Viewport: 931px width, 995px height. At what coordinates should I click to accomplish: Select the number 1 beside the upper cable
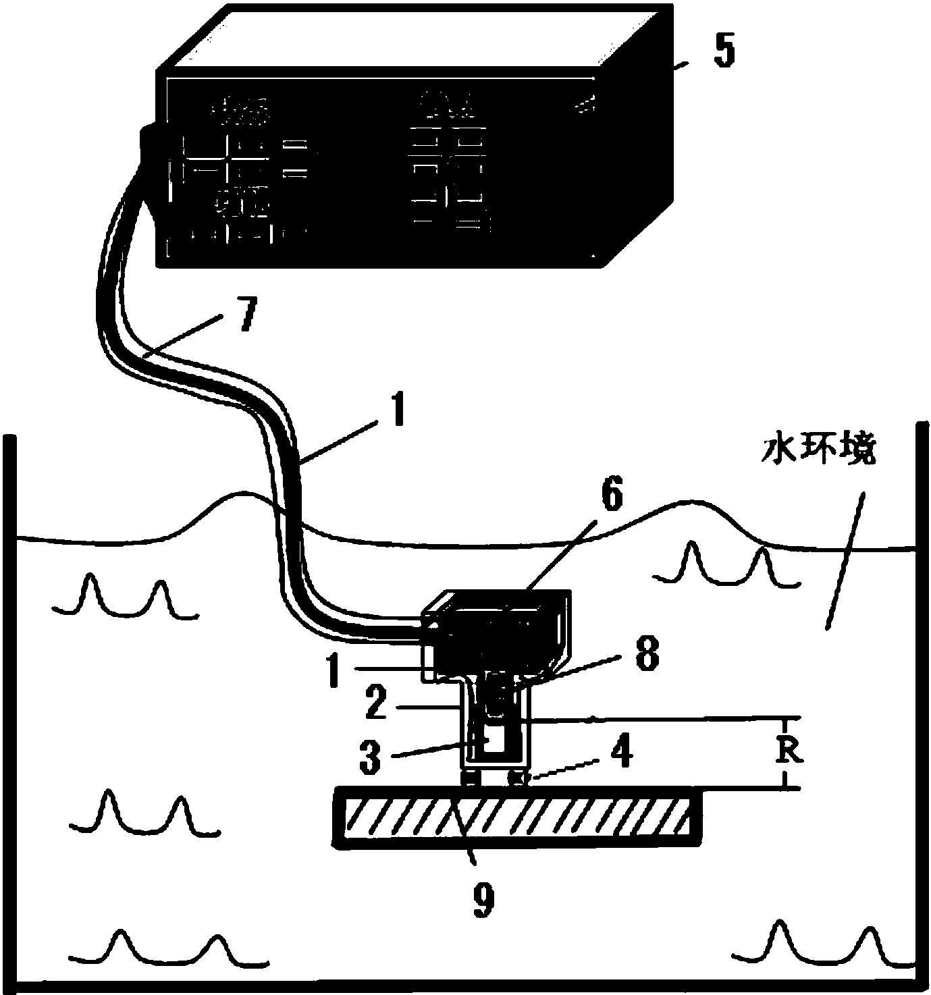click(x=397, y=410)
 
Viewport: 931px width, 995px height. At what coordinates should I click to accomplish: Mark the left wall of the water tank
click(x=8, y=709)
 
